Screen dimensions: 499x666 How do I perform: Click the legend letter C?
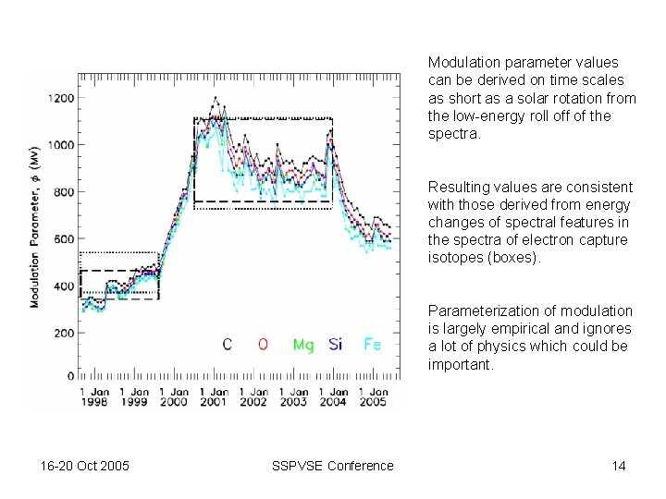(x=228, y=345)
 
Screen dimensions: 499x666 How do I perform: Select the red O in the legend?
(x=263, y=345)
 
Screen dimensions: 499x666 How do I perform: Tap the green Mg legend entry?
(x=303, y=345)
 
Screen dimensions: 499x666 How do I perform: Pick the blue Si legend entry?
(x=335, y=345)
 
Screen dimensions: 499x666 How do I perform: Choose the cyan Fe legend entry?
(x=371, y=345)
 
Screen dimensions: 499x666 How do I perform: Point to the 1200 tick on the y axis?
(x=62, y=98)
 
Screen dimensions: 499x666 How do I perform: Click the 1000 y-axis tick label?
(x=62, y=145)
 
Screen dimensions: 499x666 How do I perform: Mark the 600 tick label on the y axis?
(x=65, y=238)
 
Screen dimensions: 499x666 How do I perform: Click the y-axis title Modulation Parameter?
(x=34, y=226)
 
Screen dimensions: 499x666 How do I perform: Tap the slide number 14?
(x=618, y=466)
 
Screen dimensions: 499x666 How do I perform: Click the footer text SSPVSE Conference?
(x=333, y=466)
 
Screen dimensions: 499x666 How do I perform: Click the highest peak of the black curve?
(x=216, y=97)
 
